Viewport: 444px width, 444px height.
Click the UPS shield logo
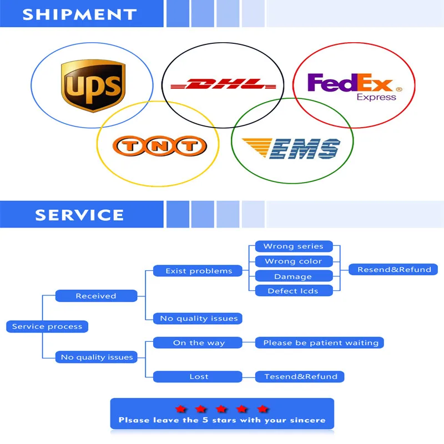(x=93, y=85)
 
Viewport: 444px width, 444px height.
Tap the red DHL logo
(x=223, y=84)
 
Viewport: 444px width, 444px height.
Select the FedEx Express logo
(x=355, y=87)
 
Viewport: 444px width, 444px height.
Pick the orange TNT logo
(x=160, y=146)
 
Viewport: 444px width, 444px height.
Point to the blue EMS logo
(x=291, y=148)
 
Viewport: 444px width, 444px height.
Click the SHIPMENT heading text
(x=79, y=14)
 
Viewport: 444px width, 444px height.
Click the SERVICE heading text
(x=79, y=215)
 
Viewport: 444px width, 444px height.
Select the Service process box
(x=47, y=326)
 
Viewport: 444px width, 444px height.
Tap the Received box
(x=96, y=296)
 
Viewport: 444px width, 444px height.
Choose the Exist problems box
(x=198, y=271)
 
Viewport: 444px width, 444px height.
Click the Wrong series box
(x=294, y=246)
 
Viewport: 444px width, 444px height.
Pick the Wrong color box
(x=294, y=261)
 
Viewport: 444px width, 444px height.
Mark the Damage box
(x=294, y=276)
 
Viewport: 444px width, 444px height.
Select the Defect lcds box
(x=294, y=291)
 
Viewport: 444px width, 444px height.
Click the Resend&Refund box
(x=393, y=269)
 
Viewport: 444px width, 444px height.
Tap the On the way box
(x=198, y=342)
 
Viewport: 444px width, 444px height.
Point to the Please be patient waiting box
(x=320, y=342)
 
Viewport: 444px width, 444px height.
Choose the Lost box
(x=198, y=377)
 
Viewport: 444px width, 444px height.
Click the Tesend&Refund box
(x=300, y=377)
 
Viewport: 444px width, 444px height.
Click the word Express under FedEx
(x=376, y=97)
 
